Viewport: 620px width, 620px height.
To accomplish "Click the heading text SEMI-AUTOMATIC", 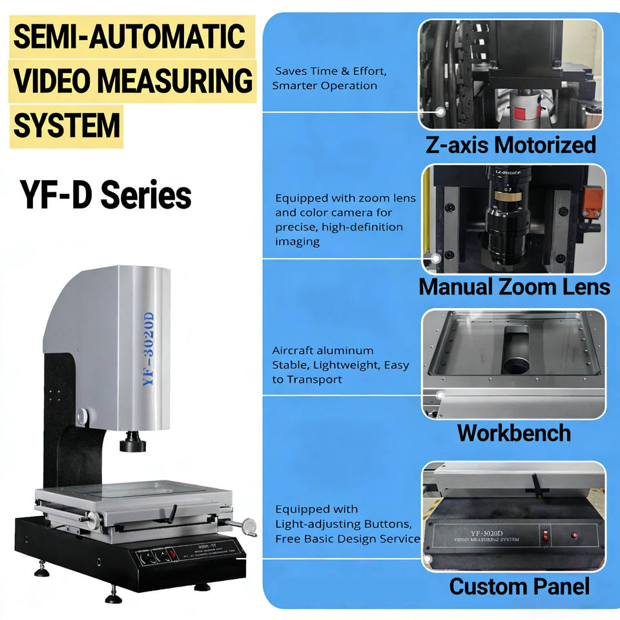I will click(x=129, y=37).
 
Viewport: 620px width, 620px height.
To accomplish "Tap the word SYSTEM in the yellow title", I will click(x=67, y=125).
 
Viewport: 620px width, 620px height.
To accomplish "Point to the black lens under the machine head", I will click(x=133, y=444).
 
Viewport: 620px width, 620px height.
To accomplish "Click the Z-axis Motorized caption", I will click(x=510, y=145).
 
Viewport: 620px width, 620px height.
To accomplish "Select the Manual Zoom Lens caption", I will click(x=514, y=286).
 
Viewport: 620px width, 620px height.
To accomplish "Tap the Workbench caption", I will click(x=513, y=432).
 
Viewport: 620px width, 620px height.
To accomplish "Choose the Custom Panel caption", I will click(x=519, y=586).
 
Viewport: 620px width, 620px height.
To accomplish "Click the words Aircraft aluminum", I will click(x=323, y=351).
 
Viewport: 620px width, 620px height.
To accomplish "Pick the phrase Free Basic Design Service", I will click(x=347, y=539).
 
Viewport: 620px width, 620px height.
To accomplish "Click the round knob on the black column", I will click(x=81, y=417).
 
